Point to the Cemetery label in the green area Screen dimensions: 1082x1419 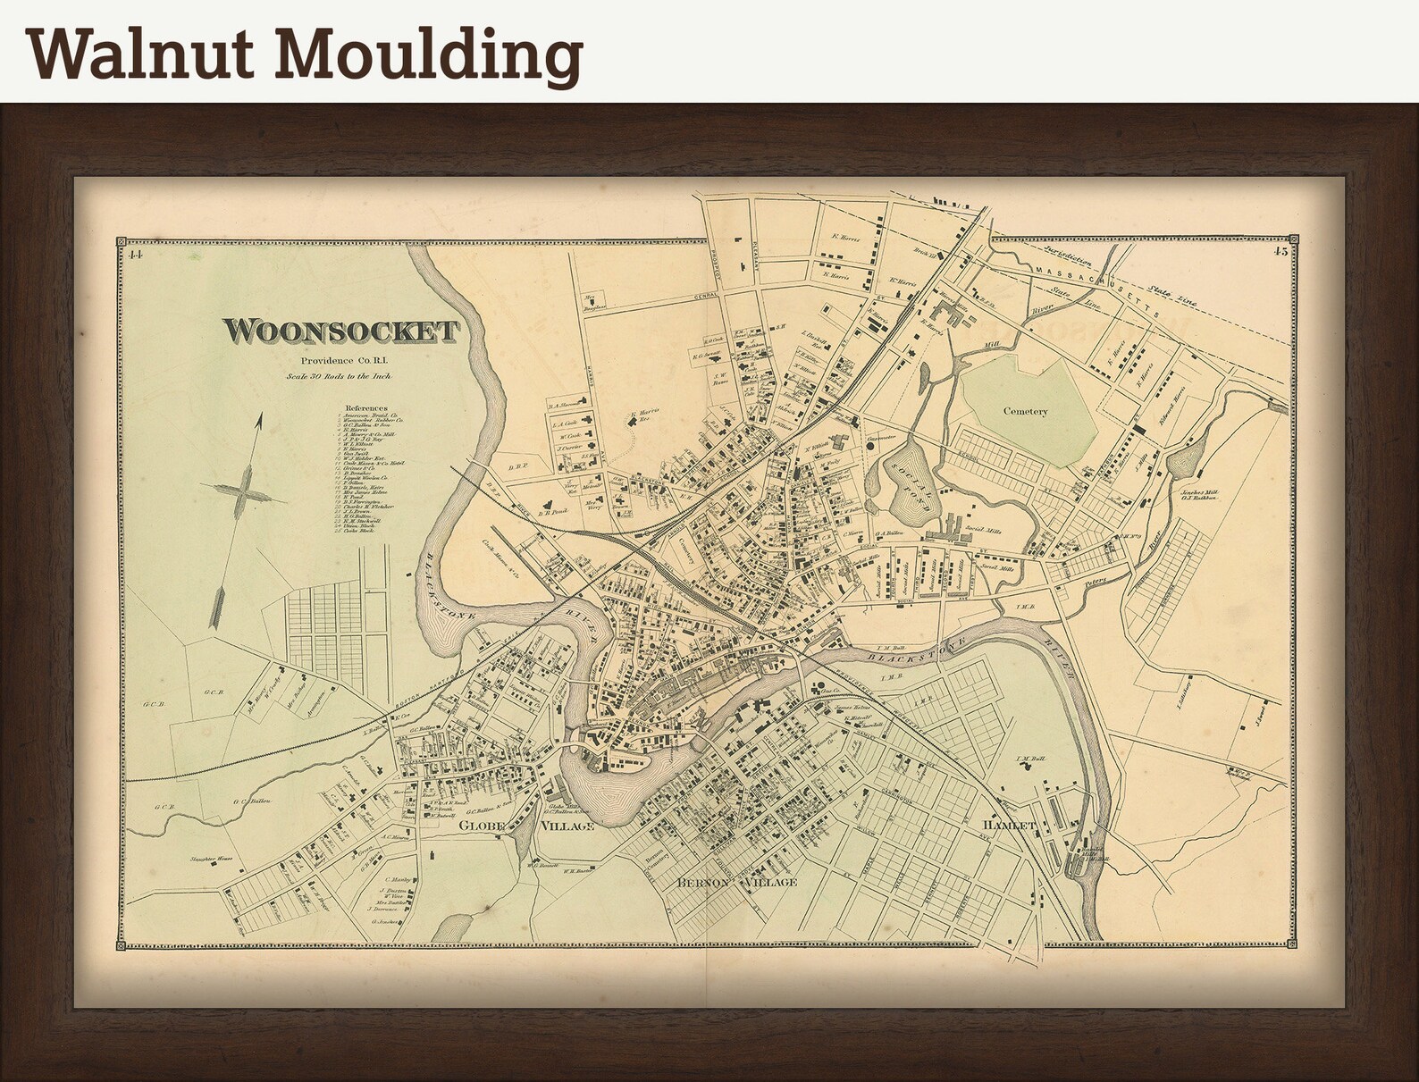tap(1024, 411)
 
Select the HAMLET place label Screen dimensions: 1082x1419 tap(1009, 825)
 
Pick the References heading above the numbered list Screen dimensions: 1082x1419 tap(365, 405)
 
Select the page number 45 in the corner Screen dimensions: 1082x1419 tap(1280, 252)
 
